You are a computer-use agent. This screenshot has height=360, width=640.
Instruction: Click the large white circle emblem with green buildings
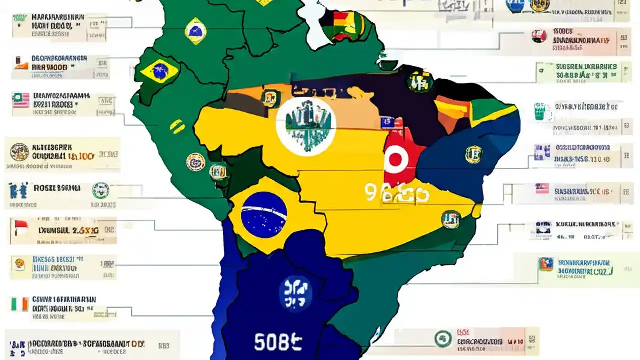[x=306, y=124]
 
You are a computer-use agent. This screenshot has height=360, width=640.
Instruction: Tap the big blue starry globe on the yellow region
[x=264, y=215]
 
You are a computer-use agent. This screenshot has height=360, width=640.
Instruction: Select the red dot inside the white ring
[x=395, y=160]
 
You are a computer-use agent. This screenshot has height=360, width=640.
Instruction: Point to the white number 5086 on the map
[x=278, y=342]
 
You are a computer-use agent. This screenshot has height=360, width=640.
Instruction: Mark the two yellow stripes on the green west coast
[x=177, y=126]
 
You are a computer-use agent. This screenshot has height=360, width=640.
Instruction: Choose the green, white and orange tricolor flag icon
[x=19, y=304]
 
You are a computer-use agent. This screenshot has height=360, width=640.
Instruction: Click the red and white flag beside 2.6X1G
[x=21, y=228]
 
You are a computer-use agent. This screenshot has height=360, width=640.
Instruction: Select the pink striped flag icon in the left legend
[x=21, y=100]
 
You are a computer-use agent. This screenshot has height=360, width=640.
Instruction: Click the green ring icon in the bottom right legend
[x=443, y=339]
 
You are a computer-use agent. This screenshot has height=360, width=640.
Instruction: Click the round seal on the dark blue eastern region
[x=473, y=154]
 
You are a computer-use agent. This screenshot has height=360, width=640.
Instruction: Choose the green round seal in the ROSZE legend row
[x=100, y=190]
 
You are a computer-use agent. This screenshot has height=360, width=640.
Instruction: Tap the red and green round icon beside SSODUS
[x=539, y=36]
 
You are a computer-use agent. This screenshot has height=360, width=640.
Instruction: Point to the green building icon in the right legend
[x=539, y=111]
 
